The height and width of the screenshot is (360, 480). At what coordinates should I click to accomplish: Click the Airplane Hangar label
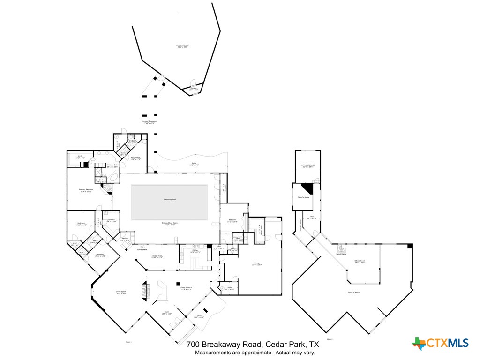click(182, 45)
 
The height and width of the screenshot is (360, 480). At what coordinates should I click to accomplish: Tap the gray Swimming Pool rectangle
click(169, 202)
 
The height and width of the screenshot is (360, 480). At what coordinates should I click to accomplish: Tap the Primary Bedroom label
click(85, 190)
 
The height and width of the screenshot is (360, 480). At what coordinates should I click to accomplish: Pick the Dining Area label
click(157, 256)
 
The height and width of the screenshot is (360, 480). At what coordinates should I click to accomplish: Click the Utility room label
click(230, 288)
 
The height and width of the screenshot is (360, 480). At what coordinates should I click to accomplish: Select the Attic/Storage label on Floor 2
click(307, 165)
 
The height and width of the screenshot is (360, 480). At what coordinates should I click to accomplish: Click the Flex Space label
click(136, 158)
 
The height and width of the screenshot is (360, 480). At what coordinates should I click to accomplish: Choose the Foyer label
click(166, 313)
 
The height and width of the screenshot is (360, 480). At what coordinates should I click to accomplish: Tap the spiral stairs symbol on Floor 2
click(341, 249)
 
